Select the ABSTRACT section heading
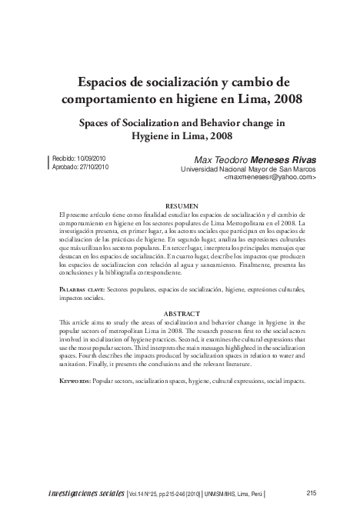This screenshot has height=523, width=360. click(182, 314)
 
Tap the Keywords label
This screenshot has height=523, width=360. click(78, 381)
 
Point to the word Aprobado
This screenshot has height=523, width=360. click(66, 166)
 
